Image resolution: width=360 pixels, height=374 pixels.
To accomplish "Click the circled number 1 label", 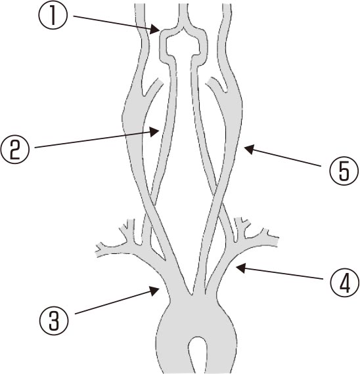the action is point(53,16).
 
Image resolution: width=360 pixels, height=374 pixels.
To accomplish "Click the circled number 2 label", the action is point(15,150).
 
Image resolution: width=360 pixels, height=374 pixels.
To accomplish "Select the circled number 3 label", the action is point(54,320).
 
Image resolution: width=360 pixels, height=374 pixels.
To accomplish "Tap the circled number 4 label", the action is point(345,282).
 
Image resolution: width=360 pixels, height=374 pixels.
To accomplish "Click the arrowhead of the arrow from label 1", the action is point(155,30).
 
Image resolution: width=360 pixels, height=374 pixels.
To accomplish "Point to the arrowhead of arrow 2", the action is point(155,131).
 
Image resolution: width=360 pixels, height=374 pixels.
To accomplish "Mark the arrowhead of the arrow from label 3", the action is point(155,291).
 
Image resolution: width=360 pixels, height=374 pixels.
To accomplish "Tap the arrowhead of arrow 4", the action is point(241,268).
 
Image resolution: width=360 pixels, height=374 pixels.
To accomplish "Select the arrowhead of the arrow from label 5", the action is point(249,149).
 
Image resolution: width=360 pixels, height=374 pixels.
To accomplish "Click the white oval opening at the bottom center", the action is point(197,352).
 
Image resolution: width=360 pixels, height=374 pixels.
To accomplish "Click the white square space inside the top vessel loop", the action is point(183,45).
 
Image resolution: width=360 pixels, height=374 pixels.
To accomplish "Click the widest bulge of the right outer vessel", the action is point(233,108).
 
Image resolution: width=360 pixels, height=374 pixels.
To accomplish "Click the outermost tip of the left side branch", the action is point(97,251).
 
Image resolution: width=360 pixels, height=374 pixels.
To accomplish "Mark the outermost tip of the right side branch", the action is point(277,241).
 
